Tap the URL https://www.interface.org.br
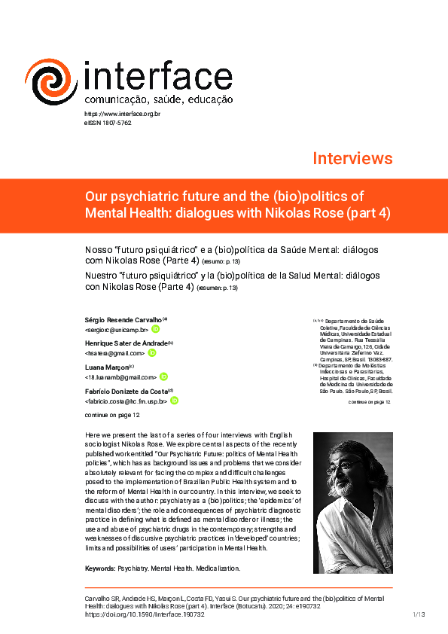point(122,114)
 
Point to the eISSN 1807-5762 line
point(108,122)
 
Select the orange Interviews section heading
point(352,158)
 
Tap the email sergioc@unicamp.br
point(117,330)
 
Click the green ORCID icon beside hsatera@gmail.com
point(151,352)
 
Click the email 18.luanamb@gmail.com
point(120,376)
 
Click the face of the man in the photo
point(348,471)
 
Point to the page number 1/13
point(419,614)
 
